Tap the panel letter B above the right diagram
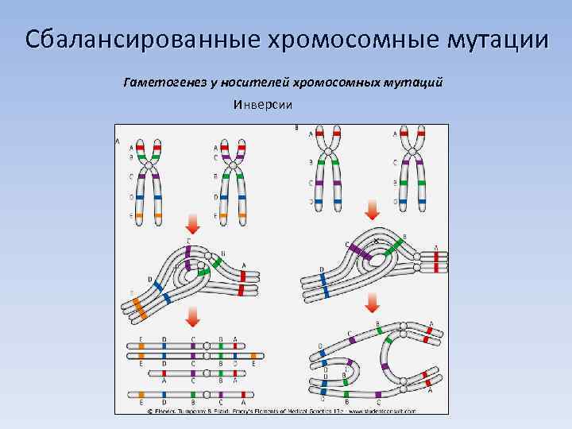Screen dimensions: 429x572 [x=296, y=127]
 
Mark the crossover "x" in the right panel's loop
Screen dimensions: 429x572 [x=375, y=241]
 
